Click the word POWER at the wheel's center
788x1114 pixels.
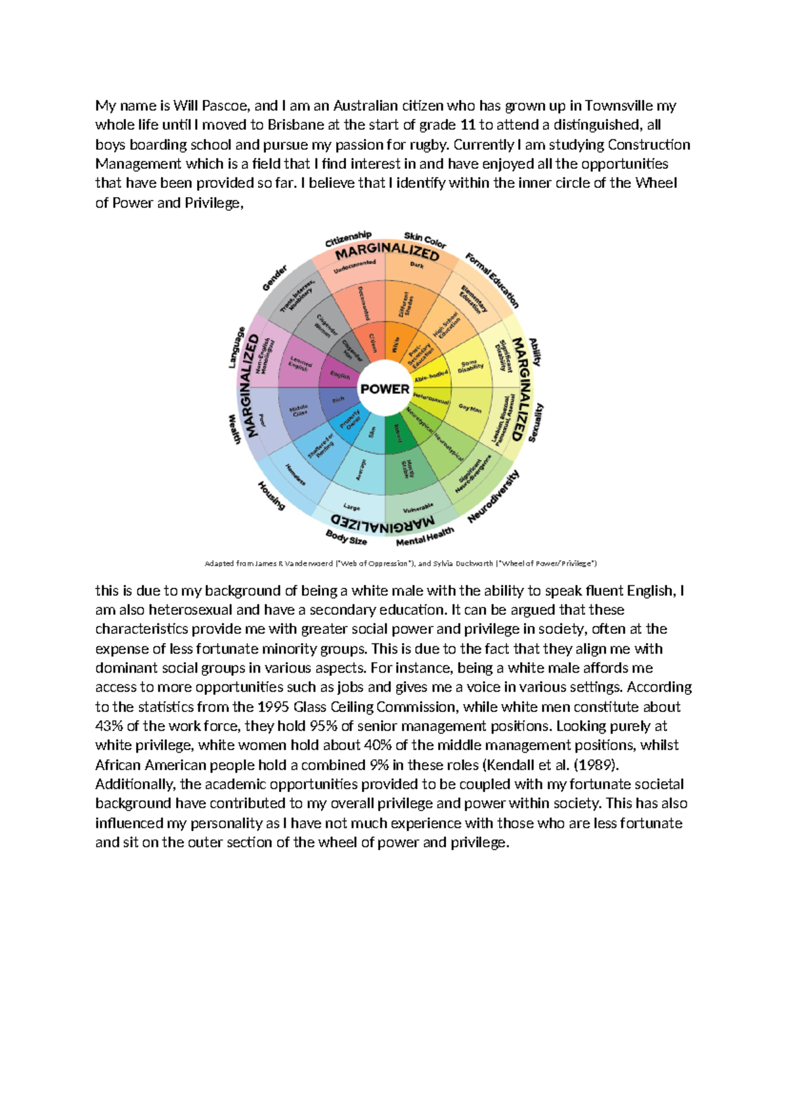coord(385,389)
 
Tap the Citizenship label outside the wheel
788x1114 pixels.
coord(348,239)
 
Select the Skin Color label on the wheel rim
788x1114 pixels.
coord(425,240)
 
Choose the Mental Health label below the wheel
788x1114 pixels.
coord(425,537)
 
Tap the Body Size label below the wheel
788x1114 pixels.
coord(346,537)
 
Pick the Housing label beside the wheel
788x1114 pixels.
coord(271,496)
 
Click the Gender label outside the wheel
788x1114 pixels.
coord(275,278)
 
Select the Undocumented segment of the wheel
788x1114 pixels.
coord(355,267)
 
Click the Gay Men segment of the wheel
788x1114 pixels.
coord(470,409)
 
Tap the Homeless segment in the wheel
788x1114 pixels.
coord(295,474)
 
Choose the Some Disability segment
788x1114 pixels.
coord(471,367)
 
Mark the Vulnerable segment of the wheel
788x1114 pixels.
coord(418,508)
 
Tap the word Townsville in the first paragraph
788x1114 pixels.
coord(619,106)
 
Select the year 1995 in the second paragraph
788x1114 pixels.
coord(273,707)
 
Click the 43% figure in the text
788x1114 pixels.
coord(110,726)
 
